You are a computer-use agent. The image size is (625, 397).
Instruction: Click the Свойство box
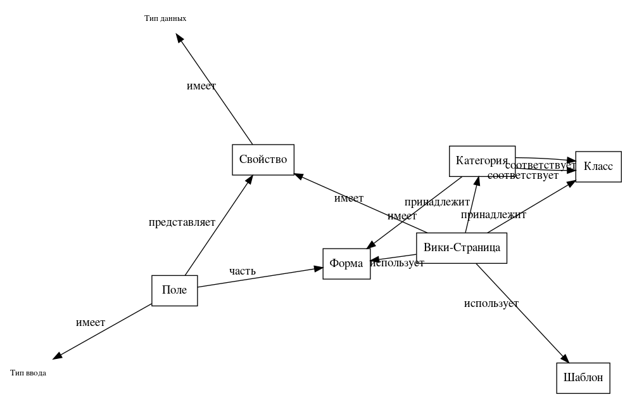tap(263, 159)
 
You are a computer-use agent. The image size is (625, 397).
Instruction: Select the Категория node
tap(482, 161)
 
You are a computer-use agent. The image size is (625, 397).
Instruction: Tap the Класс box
tap(598, 166)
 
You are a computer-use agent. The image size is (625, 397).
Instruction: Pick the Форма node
tap(346, 264)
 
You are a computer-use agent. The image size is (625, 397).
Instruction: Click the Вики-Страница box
tap(462, 248)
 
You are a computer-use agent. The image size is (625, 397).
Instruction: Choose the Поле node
tap(174, 290)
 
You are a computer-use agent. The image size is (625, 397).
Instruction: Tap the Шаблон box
tap(583, 378)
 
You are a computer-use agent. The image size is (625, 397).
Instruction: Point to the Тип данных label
tap(165, 18)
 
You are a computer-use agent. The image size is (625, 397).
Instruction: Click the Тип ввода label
tap(28, 373)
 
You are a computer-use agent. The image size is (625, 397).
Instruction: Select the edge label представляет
tap(182, 223)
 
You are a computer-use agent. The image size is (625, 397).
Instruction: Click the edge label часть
tap(243, 271)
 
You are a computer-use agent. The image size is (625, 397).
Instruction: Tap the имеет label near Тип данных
tap(201, 86)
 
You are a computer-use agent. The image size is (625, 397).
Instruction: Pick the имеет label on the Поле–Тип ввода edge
tap(91, 323)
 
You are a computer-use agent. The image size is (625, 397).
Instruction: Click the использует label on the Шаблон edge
tap(491, 304)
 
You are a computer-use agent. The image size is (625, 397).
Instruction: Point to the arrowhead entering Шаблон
tap(565, 358)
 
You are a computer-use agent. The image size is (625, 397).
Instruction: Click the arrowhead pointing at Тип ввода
tap(58, 356)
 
